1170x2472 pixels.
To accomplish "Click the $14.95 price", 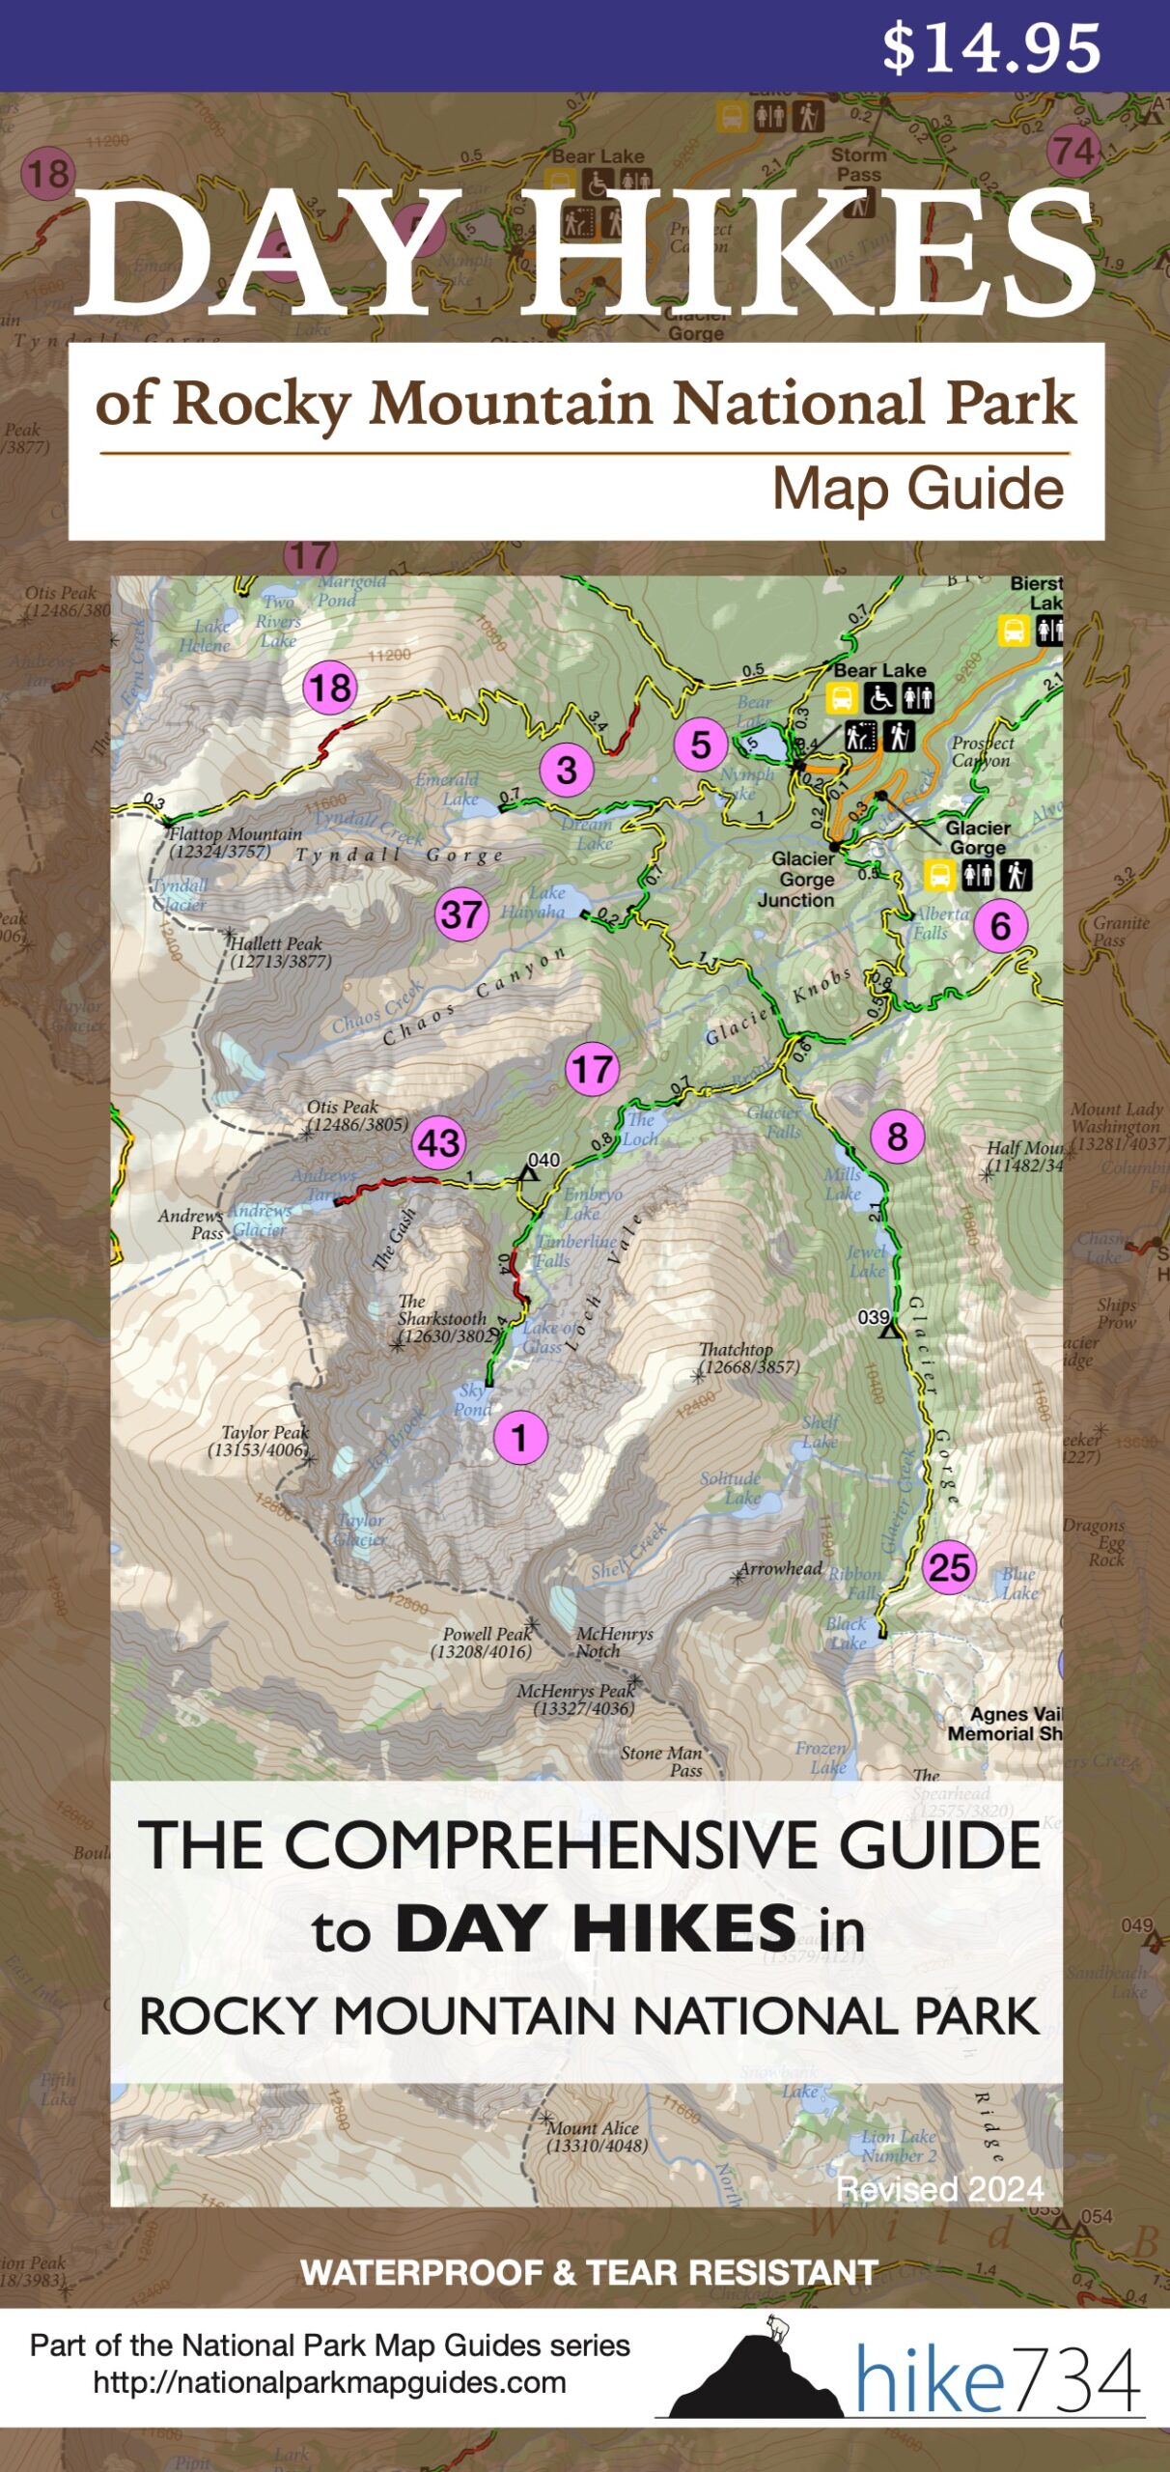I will (x=990, y=48).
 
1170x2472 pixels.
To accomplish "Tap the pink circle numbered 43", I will (x=439, y=1143).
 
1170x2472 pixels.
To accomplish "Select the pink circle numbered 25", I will (x=949, y=1566).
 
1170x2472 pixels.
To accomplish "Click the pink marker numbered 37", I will (x=460, y=913).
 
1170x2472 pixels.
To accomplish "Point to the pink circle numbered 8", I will (x=897, y=1137).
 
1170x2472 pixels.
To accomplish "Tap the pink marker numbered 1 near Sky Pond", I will (x=519, y=1438).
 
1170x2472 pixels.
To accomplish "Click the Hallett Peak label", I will (x=278, y=952).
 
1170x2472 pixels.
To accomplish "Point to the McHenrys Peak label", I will (x=577, y=1699).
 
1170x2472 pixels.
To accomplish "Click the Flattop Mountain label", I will (x=234, y=842).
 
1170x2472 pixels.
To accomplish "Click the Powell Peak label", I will (x=485, y=1643).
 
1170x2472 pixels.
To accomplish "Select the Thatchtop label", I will (x=745, y=1358).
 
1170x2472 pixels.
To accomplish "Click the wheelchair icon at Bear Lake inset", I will (x=879, y=696).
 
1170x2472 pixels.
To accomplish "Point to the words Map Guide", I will (x=917, y=489).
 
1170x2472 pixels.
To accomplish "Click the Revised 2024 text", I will (x=939, y=2188).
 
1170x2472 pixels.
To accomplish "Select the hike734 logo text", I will (x=996, y=2382).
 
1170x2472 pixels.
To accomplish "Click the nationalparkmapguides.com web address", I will (x=329, y=2383).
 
